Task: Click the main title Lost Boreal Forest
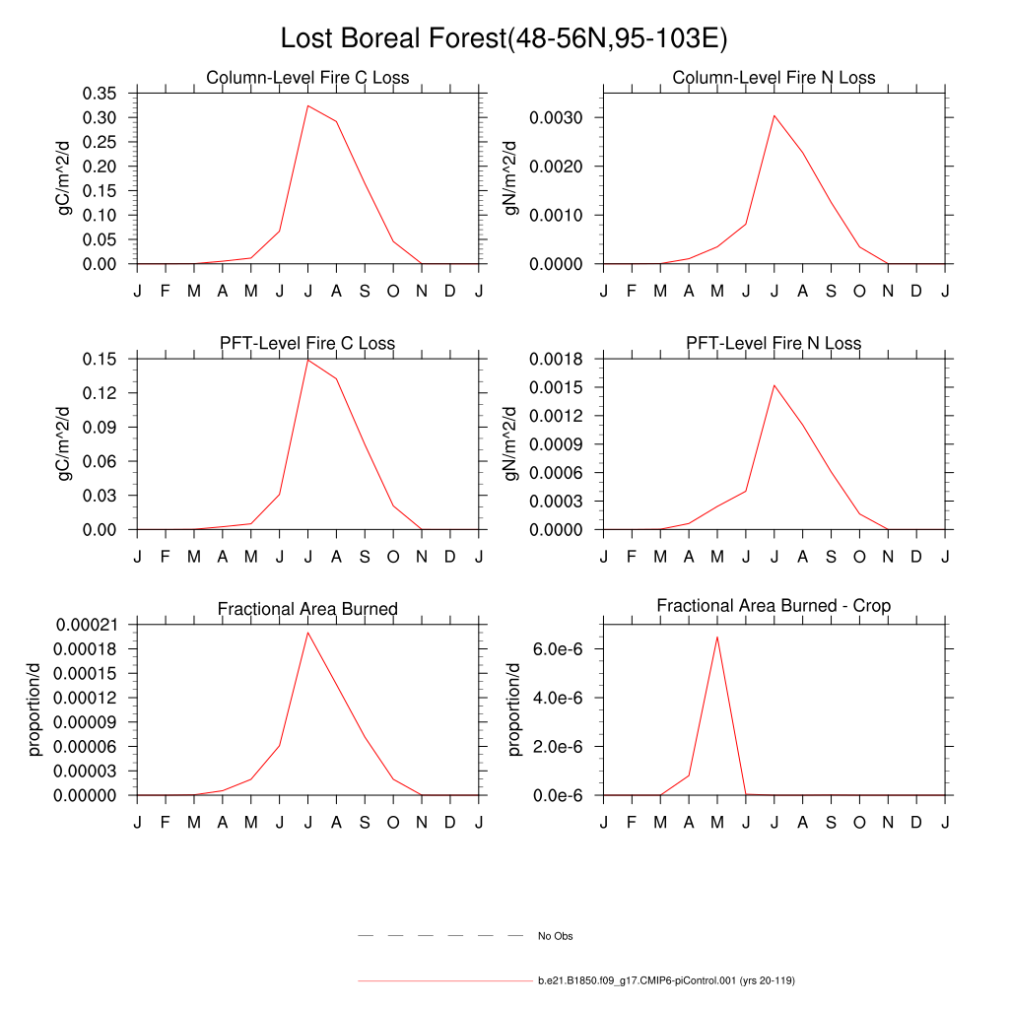504,38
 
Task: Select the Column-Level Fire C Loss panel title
307,78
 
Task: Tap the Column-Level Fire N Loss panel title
774,78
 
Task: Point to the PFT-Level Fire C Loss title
307,344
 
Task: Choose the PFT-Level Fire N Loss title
774,344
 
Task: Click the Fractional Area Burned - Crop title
774,606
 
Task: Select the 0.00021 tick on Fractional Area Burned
87,625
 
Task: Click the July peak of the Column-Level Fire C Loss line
307,105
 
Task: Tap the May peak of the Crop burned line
716,637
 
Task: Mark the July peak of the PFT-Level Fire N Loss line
774,385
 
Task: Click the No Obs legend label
555,936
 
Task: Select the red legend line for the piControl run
444,981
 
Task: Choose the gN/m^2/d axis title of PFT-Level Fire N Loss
511,443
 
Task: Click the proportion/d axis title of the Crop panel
513,709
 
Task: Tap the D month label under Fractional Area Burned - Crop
915,823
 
